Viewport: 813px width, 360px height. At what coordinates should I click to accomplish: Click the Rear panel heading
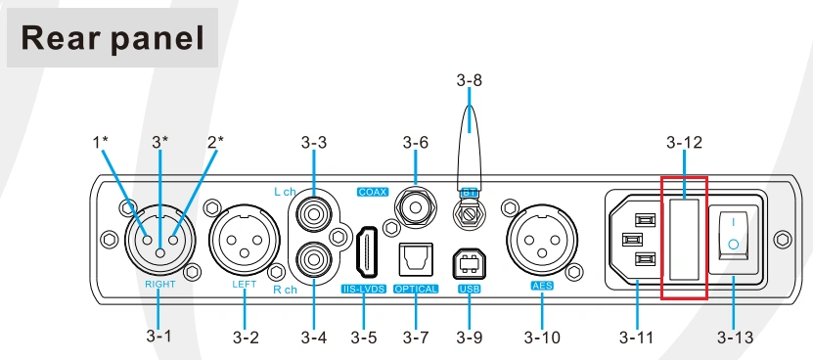click(x=113, y=38)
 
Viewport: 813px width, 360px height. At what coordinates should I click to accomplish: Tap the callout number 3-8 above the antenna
click(x=470, y=80)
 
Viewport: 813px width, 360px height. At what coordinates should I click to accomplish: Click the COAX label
click(x=373, y=192)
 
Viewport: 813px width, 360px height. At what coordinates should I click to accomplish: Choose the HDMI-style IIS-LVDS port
click(x=366, y=252)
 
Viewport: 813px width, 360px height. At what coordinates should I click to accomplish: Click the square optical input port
click(x=416, y=259)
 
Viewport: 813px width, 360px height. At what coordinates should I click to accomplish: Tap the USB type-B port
click(x=470, y=263)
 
